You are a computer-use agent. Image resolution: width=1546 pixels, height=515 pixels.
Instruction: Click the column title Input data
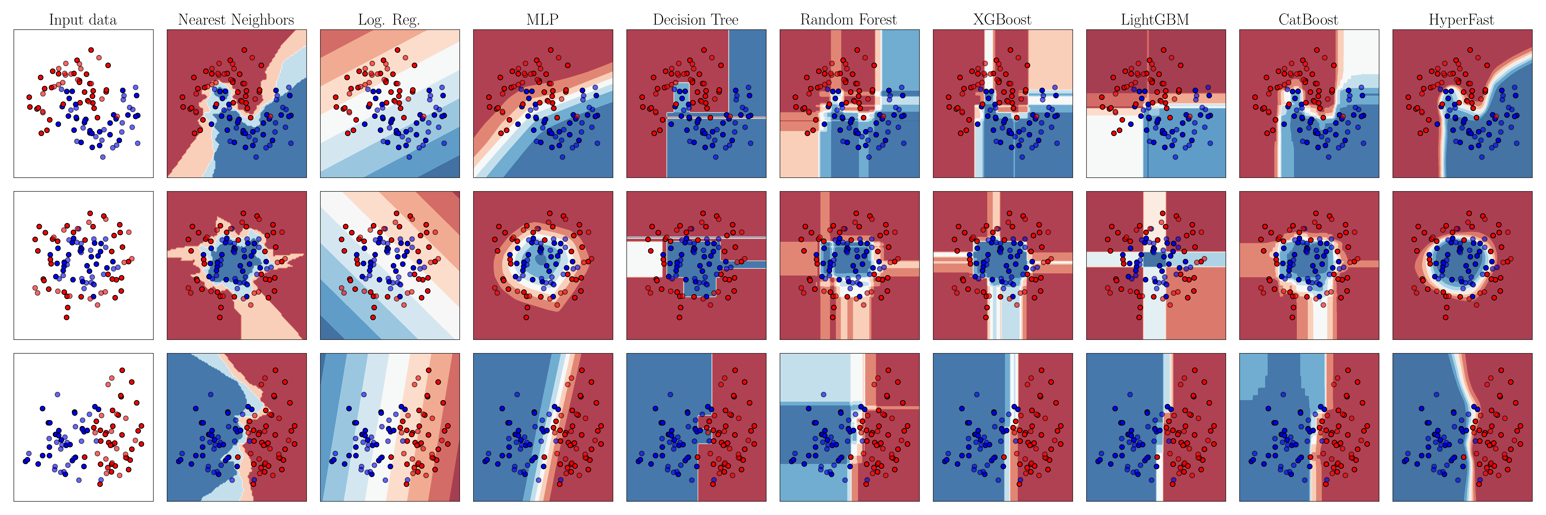pos(83,20)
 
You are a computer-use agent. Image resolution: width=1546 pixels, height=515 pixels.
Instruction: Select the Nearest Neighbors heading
pos(236,20)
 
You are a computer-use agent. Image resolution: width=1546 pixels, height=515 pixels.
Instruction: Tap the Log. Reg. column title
pos(389,20)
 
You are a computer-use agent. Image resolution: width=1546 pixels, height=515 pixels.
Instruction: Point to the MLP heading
pos(543,20)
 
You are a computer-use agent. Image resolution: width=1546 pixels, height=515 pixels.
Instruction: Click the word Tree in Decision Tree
pos(724,20)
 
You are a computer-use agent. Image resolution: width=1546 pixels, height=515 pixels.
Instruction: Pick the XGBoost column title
pos(1002,20)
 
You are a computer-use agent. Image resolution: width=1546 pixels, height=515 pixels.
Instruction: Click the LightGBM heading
pos(1155,20)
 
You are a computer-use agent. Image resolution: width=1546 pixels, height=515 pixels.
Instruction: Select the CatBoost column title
pos(1308,20)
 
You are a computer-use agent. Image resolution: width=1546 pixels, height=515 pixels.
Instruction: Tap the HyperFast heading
pos(1461,20)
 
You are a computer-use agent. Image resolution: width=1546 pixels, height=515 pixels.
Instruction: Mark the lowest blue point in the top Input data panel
pos(103,156)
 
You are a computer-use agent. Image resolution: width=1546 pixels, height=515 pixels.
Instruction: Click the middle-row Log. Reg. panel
pos(390,265)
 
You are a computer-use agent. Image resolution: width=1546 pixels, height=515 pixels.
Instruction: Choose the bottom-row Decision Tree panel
pos(696,427)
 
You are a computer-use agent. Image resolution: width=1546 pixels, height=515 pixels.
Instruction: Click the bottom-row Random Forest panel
pos(849,427)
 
